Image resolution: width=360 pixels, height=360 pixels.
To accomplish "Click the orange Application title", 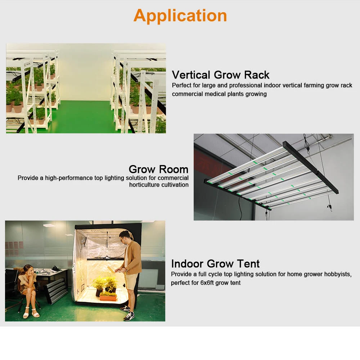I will pos(180,16).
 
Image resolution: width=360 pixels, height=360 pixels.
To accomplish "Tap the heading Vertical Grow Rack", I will pos(220,75).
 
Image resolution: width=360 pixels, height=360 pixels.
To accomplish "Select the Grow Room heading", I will pos(158,169).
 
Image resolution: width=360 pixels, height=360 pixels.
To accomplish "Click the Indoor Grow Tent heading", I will pos(215,263).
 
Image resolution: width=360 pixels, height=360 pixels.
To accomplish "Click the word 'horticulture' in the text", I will pos(145,185).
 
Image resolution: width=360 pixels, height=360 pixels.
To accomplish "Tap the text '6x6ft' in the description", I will pos(208,283).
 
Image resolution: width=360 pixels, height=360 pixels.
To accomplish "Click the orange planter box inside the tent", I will pos(108,297).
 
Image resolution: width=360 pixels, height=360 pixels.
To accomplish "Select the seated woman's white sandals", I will pos(31,314).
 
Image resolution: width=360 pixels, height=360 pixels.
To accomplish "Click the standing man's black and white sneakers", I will pos(128,315).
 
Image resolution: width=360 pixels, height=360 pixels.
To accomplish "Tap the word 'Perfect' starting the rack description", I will pos(182,86).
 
